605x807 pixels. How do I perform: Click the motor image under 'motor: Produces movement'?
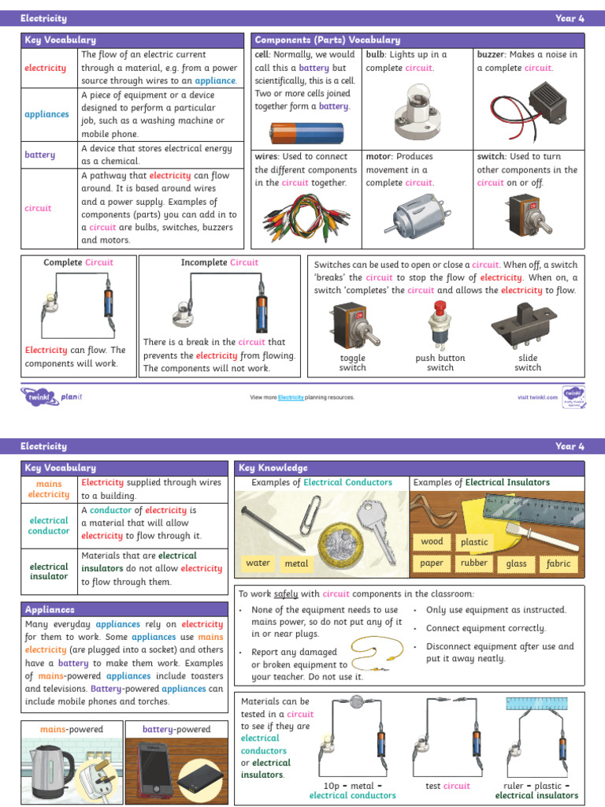click(x=415, y=214)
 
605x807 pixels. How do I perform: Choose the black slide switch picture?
click(x=525, y=325)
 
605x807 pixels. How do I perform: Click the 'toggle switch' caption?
click(x=352, y=363)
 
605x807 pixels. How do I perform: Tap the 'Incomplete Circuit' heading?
click(x=219, y=262)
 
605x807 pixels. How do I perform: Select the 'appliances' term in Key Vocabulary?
click(x=46, y=114)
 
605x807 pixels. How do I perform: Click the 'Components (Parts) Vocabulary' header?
click(x=327, y=39)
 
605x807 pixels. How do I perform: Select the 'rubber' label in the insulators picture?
click(x=474, y=563)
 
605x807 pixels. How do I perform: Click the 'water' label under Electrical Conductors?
click(x=258, y=563)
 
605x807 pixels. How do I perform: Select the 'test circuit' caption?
click(x=447, y=786)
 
